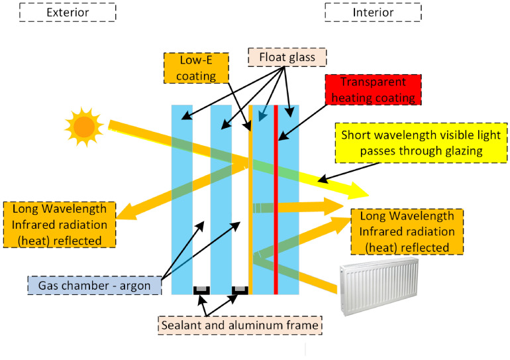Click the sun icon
pos(83,126)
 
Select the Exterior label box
pos(68,13)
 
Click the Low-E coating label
pos(195,68)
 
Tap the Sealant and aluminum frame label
pos(240,326)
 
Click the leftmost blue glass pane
pos(182,199)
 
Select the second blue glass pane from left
pos(221,199)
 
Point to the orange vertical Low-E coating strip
pos(250,199)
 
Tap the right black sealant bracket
pos(240,290)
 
